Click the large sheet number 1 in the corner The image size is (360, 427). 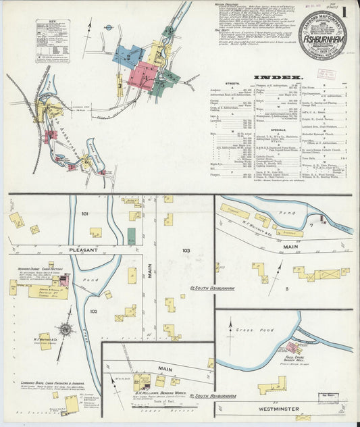point(346,12)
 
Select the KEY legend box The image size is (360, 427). point(53,41)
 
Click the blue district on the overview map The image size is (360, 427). point(127,56)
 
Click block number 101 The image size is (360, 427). point(85,214)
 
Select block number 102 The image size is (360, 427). point(93,311)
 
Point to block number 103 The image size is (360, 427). point(186,251)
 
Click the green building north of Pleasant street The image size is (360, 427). point(131,236)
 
